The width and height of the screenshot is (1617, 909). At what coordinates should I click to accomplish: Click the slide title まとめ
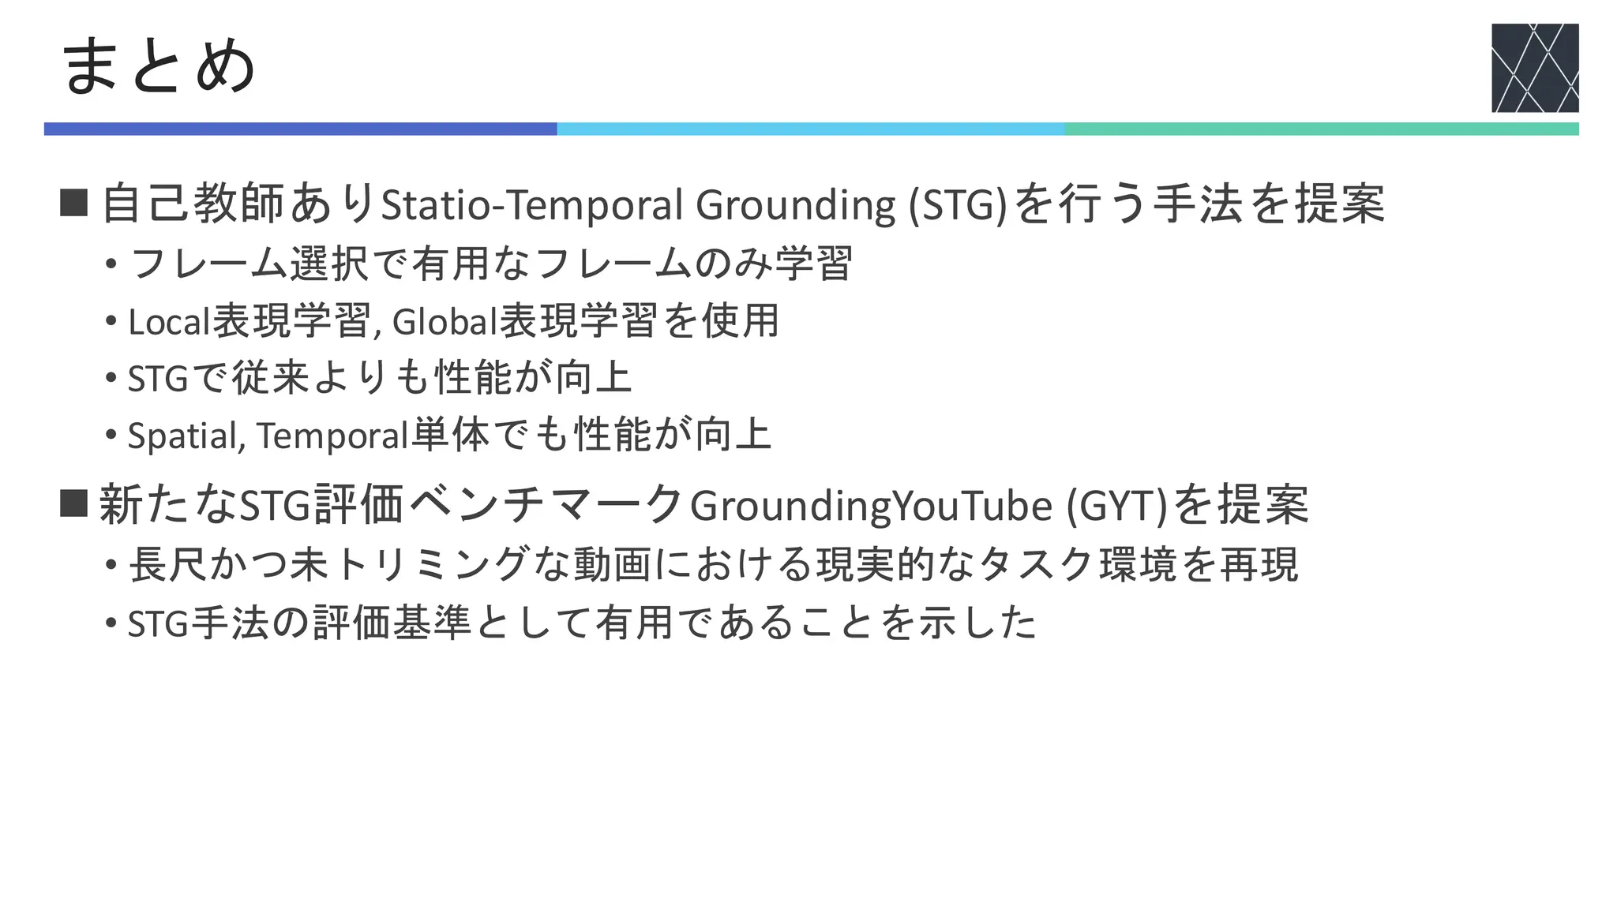(158, 66)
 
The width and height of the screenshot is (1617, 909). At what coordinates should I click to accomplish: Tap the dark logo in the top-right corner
(1534, 68)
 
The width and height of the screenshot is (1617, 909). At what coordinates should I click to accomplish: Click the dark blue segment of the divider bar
(300, 129)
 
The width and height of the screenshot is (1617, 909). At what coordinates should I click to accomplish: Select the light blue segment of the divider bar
(810, 129)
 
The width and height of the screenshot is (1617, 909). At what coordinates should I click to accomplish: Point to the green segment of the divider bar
(1321, 129)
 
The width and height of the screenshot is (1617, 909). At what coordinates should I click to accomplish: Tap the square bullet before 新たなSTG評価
(73, 503)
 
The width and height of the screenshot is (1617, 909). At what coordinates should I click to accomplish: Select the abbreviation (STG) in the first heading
(958, 204)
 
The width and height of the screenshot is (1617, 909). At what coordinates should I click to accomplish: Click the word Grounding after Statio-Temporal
(795, 204)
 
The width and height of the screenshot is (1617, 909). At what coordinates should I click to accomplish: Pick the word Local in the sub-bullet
(170, 321)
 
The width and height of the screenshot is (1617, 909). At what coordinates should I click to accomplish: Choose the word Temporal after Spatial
(332, 436)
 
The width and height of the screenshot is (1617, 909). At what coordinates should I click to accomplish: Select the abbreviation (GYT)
(1116, 506)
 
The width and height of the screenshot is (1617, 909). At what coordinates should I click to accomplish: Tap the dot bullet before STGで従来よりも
(111, 378)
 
